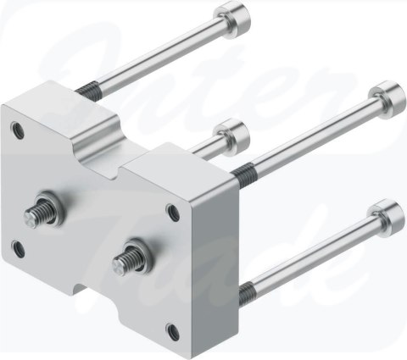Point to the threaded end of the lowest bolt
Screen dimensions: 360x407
(x=248, y=293)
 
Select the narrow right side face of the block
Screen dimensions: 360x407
(x=212, y=254)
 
